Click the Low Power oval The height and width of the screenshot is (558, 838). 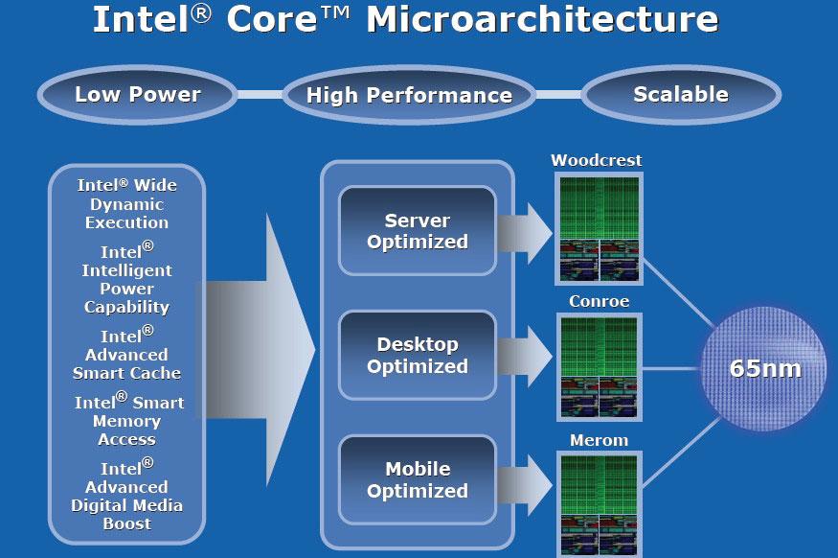[x=138, y=94]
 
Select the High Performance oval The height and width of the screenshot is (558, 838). [x=409, y=95]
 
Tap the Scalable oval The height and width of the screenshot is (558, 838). [x=680, y=94]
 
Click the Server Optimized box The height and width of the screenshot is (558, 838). [x=418, y=231]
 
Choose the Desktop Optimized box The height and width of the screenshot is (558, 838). [x=418, y=355]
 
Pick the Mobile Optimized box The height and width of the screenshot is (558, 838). [x=418, y=479]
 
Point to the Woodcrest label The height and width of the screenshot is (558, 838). [x=597, y=160]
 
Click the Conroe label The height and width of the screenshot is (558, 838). [x=599, y=301]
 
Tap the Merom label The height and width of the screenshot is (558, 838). [x=599, y=440]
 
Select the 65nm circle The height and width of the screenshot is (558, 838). [x=764, y=368]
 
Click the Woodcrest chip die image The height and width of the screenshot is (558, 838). [x=599, y=227]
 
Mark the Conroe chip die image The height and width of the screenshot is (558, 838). [x=599, y=367]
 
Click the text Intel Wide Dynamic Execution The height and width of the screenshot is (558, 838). [x=127, y=203]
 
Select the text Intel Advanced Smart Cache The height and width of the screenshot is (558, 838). [x=127, y=353]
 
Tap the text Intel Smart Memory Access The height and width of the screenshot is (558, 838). [x=128, y=420]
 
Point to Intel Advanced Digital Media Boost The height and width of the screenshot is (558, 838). [x=127, y=495]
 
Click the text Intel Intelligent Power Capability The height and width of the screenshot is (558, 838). [x=127, y=279]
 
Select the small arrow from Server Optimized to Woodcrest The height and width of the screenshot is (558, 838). [x=525, y=231]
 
